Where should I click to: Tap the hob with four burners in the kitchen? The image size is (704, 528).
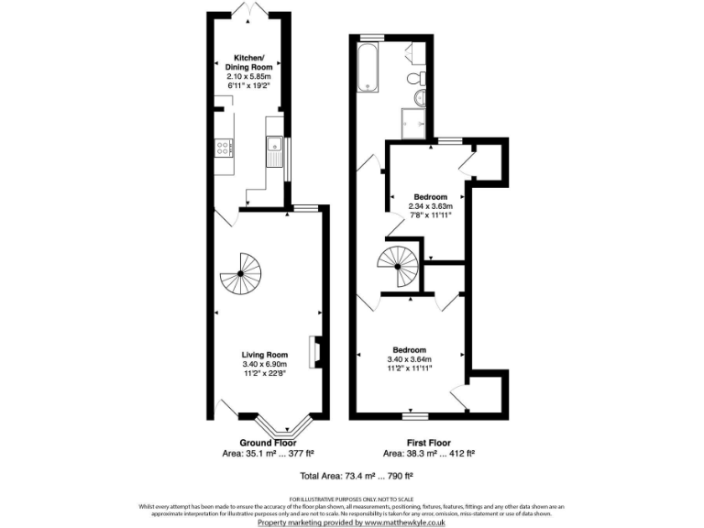pos(222,147)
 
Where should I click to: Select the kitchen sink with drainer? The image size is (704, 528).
pos(274,149)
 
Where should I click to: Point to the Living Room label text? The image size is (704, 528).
pos(265,355)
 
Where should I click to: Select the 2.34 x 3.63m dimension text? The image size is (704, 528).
pos(430,206)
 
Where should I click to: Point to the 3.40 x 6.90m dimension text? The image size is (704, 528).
pos(265,364)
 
